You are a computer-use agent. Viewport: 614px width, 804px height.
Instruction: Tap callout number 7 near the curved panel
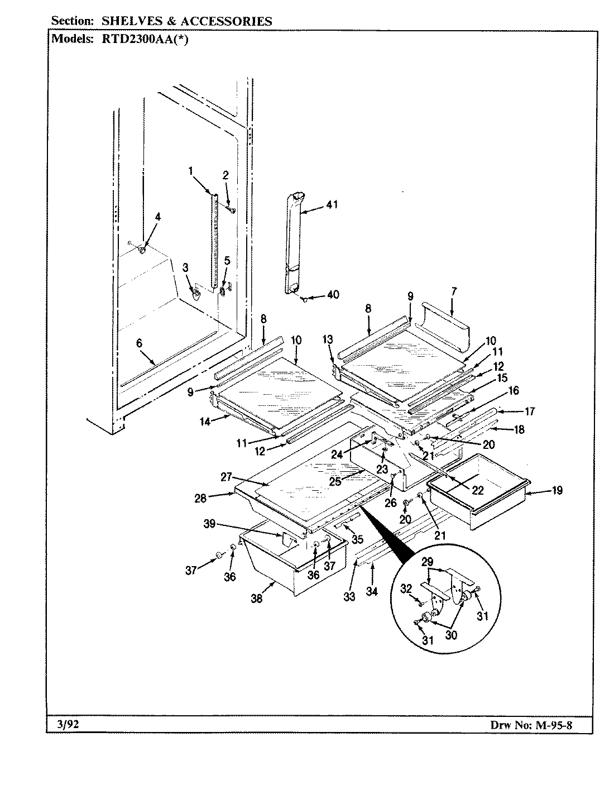tap(453, 291)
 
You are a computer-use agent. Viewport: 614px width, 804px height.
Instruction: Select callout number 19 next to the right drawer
tap(557, 491)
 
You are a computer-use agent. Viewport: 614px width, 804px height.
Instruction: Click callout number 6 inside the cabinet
tap(139, 345)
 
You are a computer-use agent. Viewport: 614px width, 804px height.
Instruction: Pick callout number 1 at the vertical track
tap(191, 171)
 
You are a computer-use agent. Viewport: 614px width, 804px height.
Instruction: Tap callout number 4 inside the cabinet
tap(157, 218)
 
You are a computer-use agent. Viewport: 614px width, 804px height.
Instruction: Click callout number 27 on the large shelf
tap(226, 478)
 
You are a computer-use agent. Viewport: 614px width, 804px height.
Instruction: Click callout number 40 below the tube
tap(333, 295)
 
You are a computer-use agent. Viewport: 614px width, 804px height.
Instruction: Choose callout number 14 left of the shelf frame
tap(205, 422)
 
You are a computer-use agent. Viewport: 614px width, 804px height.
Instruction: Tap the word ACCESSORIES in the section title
tap(229, 21)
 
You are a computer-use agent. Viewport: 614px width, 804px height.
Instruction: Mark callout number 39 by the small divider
tap(209, 524)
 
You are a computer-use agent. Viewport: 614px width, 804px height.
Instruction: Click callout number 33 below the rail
tap(349, 596)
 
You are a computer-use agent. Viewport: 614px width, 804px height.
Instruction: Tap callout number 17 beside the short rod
tap(529, 411)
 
